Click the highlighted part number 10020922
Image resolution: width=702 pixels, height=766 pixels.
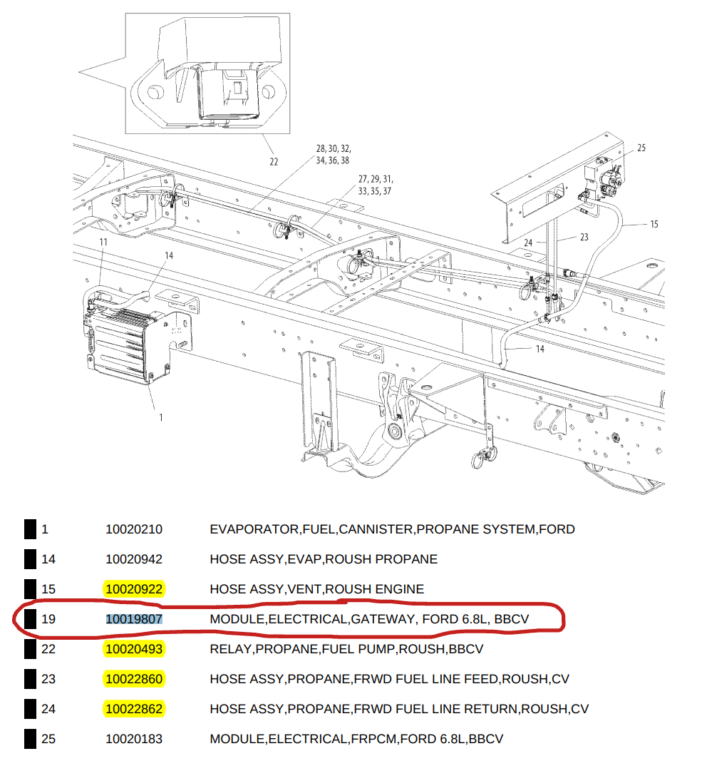(x=134, y=589)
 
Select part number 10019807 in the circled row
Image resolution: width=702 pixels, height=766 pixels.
(x=134, y=619)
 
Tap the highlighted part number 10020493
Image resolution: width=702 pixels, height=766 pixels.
(x=134, y=649)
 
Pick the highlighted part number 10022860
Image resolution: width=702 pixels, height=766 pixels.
(x=134, y=679)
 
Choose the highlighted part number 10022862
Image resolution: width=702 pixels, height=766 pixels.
(x=134, y=709)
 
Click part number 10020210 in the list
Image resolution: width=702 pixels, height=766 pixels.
(x=134, y=529)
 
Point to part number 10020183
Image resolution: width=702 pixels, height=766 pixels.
(x=134, y=739)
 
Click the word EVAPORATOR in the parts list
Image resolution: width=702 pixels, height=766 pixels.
(x=254, y=529)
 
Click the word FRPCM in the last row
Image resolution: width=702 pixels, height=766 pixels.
(x=373, y=739)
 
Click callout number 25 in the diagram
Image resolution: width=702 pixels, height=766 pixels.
(x=641, y=148)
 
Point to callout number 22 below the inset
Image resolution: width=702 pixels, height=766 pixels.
(x=274, y=162)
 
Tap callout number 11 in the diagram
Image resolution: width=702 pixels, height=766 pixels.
(x=103, y=242)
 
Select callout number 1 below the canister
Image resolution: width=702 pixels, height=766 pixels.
(x=161, y=417)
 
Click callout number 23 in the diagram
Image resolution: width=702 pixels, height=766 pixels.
(x=584, y=238)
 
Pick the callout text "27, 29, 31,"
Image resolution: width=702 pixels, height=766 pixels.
(x=376, y=179)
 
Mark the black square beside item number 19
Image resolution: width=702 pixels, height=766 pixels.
(x=29, y=619)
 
